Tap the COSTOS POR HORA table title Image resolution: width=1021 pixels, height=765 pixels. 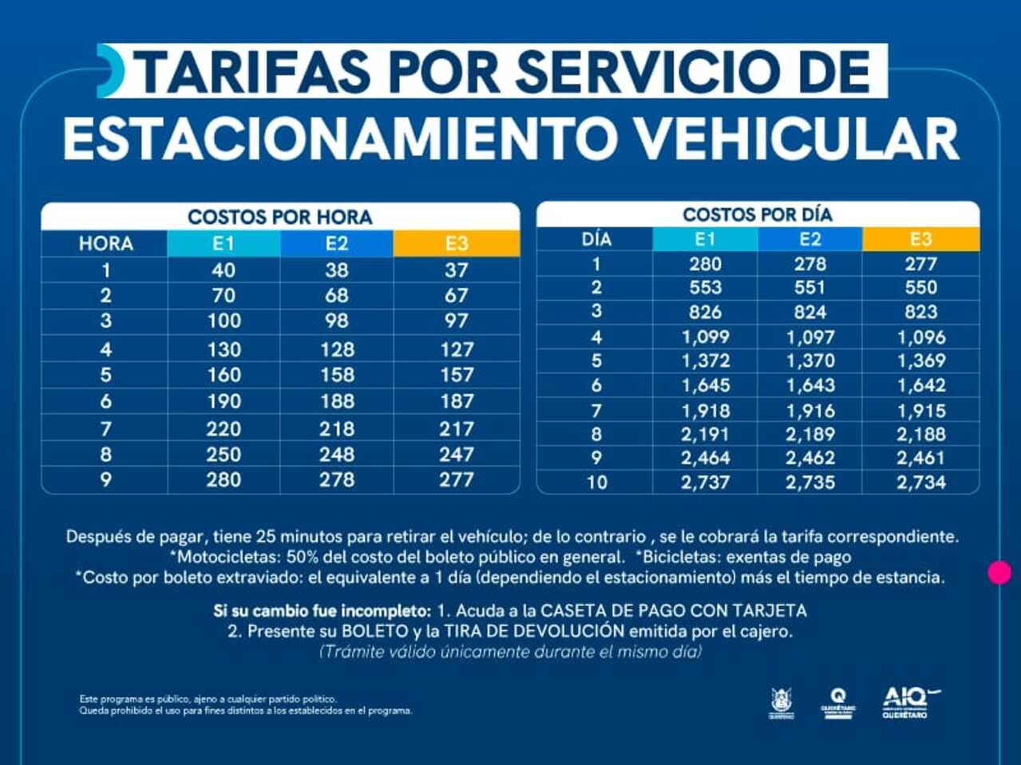(x=279, y=217)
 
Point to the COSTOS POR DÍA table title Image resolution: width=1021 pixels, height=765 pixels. (x=757, y=215)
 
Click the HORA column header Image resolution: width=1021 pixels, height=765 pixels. (x=105, y=244)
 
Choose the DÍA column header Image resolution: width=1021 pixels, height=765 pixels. (x=596, y=239)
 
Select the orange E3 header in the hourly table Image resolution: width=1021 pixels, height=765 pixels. (x=456, y=244)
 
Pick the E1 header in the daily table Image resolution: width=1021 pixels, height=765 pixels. (x=705, y=239)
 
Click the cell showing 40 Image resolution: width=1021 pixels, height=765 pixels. (x=224, y=270)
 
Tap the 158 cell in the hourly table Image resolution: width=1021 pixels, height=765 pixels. (x=337, y=375)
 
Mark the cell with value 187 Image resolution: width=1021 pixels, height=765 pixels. (x=456, y=401)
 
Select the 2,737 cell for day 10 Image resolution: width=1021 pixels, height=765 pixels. (x=705, y=482)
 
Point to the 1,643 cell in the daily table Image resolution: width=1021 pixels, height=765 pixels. (x=809, y=385)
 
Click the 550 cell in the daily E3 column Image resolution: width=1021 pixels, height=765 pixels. (x=920, y=288)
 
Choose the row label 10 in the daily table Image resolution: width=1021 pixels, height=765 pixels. (x=596, y=482)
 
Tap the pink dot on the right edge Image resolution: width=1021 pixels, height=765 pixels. (x=999, y=572)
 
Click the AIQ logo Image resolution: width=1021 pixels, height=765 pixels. (x=908, y=703)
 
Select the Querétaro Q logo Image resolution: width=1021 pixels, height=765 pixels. (x=837, y=703)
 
